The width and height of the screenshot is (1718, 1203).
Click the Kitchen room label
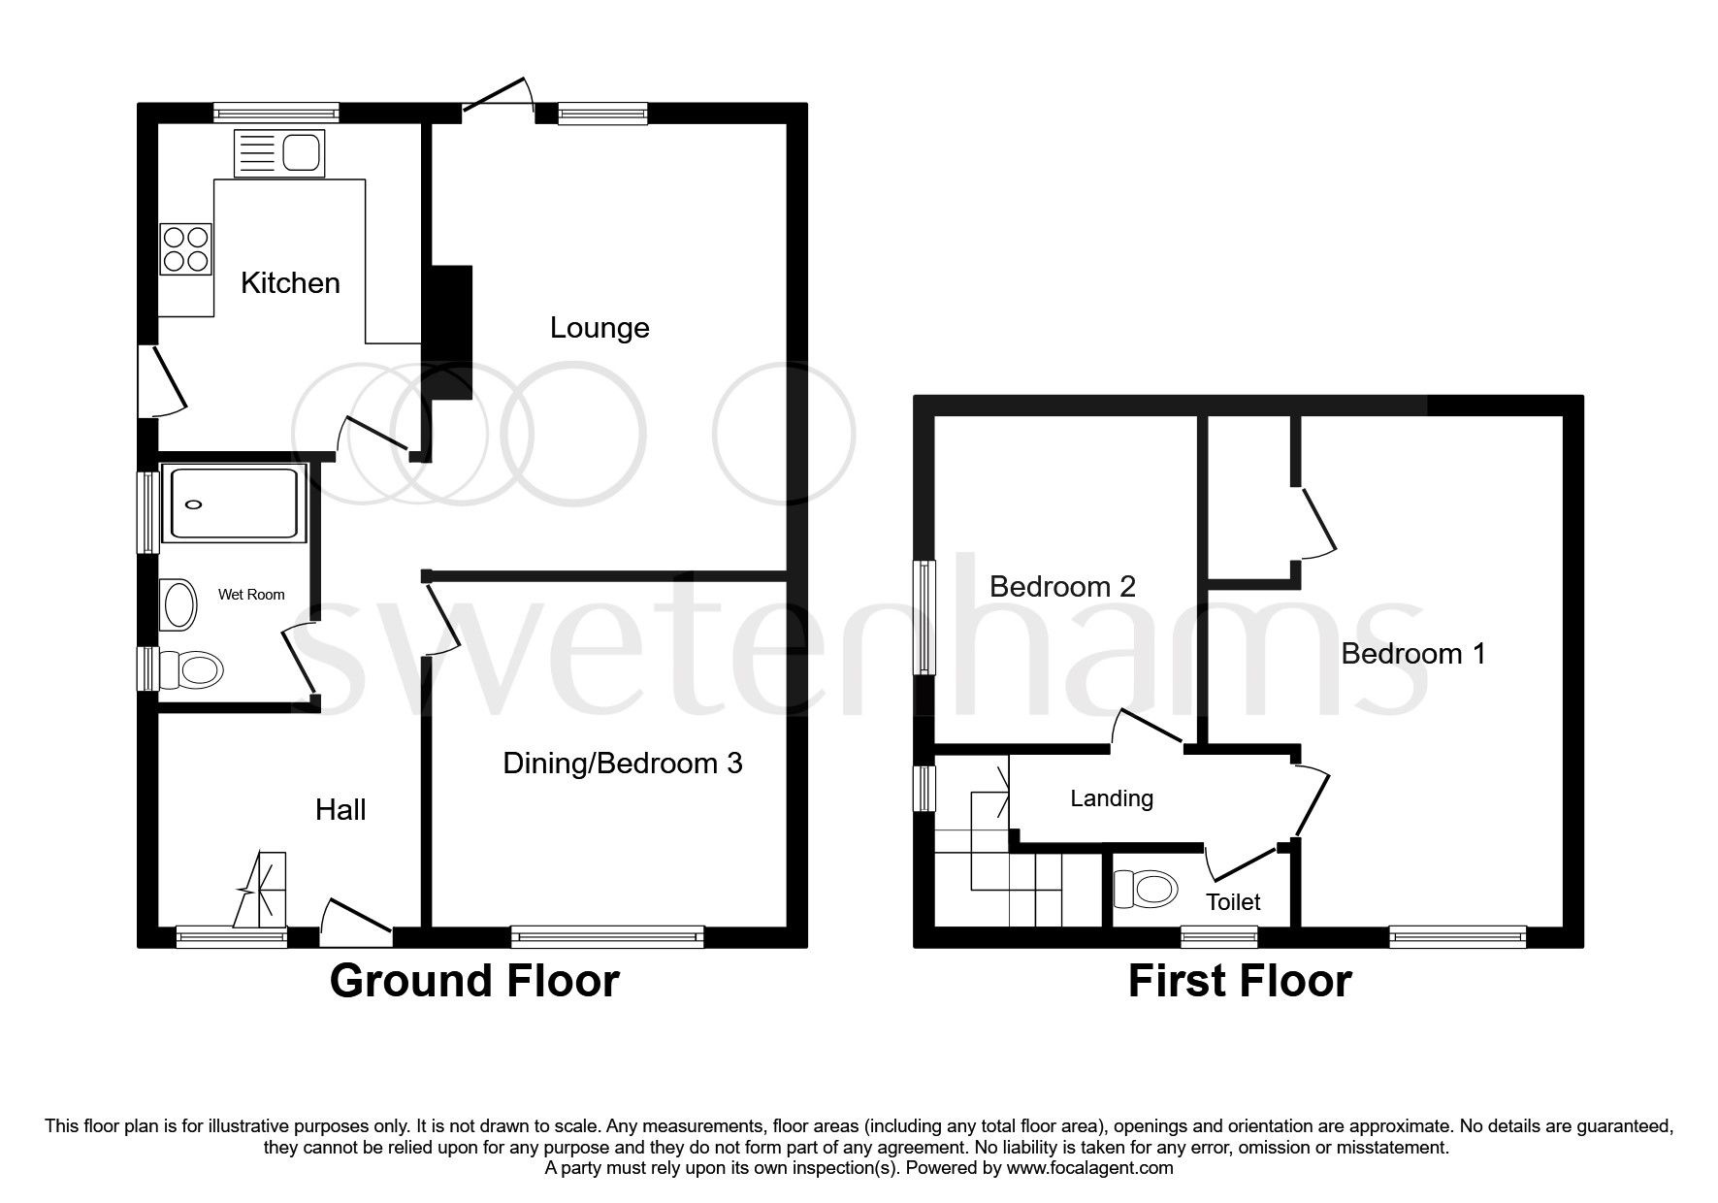tap(290, 283)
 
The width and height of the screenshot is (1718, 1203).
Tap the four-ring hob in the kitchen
tap(186, 247)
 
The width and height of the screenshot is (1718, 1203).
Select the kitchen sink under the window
tap(279, 155)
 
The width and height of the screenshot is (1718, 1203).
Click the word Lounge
tap(600, 328)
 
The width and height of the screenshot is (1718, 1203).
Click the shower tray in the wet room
tap(233, 503)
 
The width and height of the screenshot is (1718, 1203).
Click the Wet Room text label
tap(251, 595)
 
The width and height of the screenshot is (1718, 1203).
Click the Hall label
tap(340, 810)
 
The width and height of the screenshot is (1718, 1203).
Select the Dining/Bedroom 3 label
tap(622, 764)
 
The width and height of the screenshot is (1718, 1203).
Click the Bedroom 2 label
tap(1062, 586)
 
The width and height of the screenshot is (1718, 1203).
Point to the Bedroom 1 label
tap(1412, 654)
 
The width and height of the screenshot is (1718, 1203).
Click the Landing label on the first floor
tap(1112, 798)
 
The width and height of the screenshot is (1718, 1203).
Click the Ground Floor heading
tap(474, 981)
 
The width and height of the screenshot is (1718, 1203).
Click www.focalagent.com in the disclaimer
tap(1089, 1168)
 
